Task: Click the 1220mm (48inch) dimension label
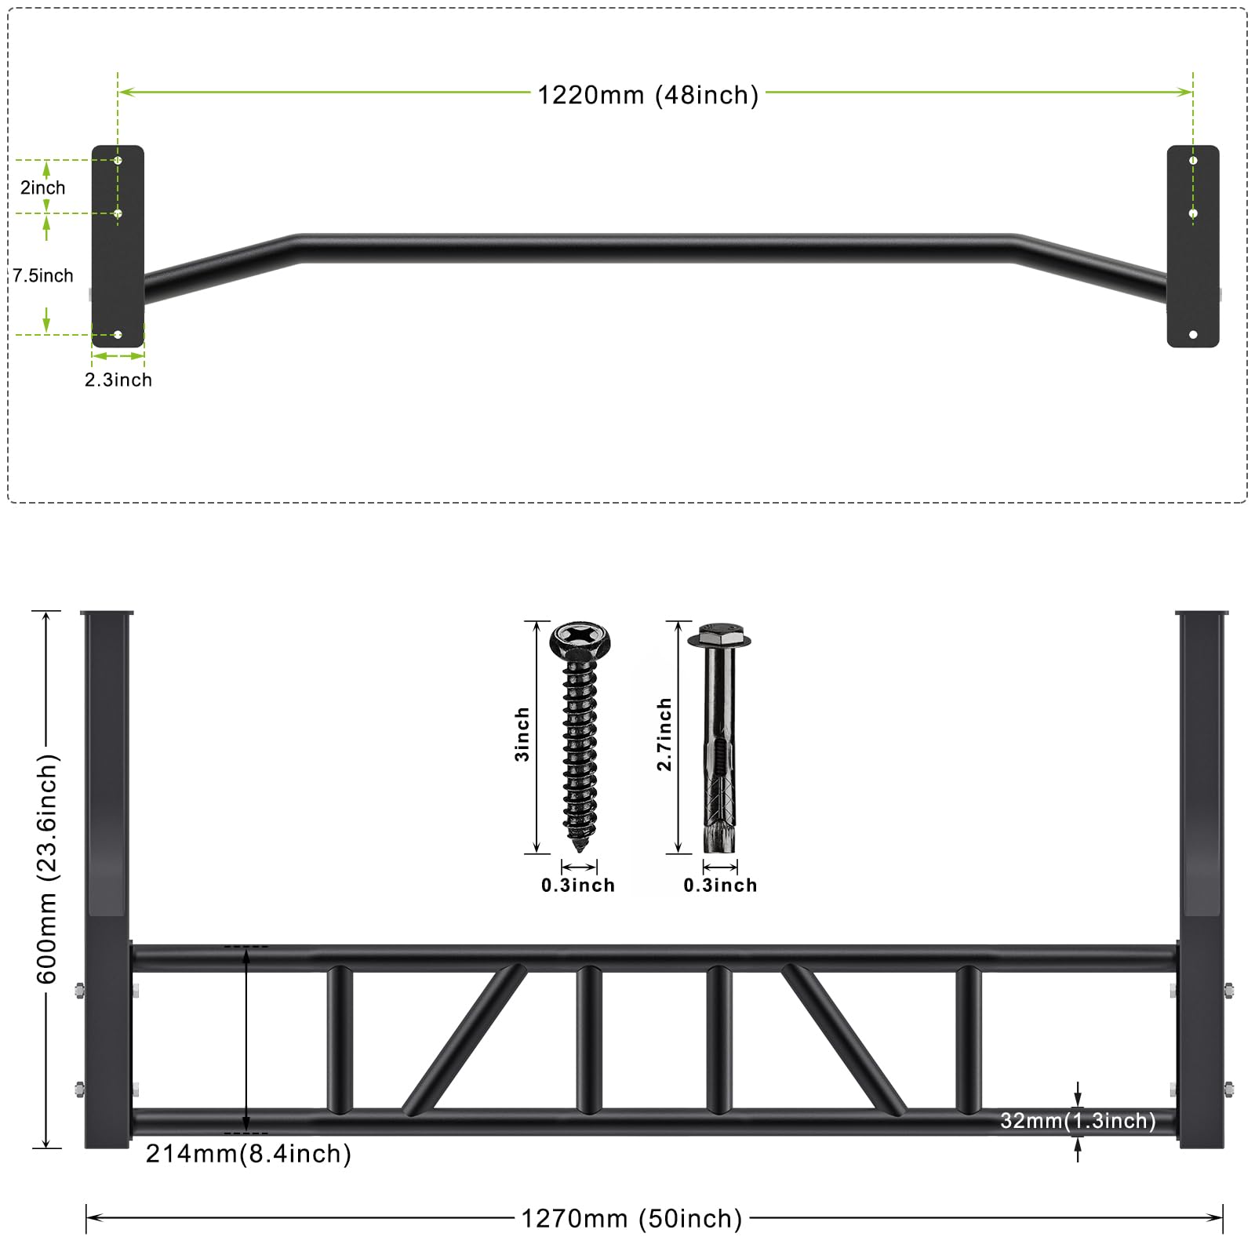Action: [x=648, y=95]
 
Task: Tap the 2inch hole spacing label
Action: [x=42, y=187]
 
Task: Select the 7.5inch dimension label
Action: [x=43, y=275]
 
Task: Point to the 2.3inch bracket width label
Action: [x=118, y=380]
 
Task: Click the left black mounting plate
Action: [x=118, y=246]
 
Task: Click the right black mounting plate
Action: [x=1193, y=246]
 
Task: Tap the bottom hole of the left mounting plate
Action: [x=118, y=335]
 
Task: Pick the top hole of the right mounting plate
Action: [x=1193, y=161]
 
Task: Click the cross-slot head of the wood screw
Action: [x=580, y=640]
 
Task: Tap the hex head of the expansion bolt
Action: [x=719, y=635]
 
